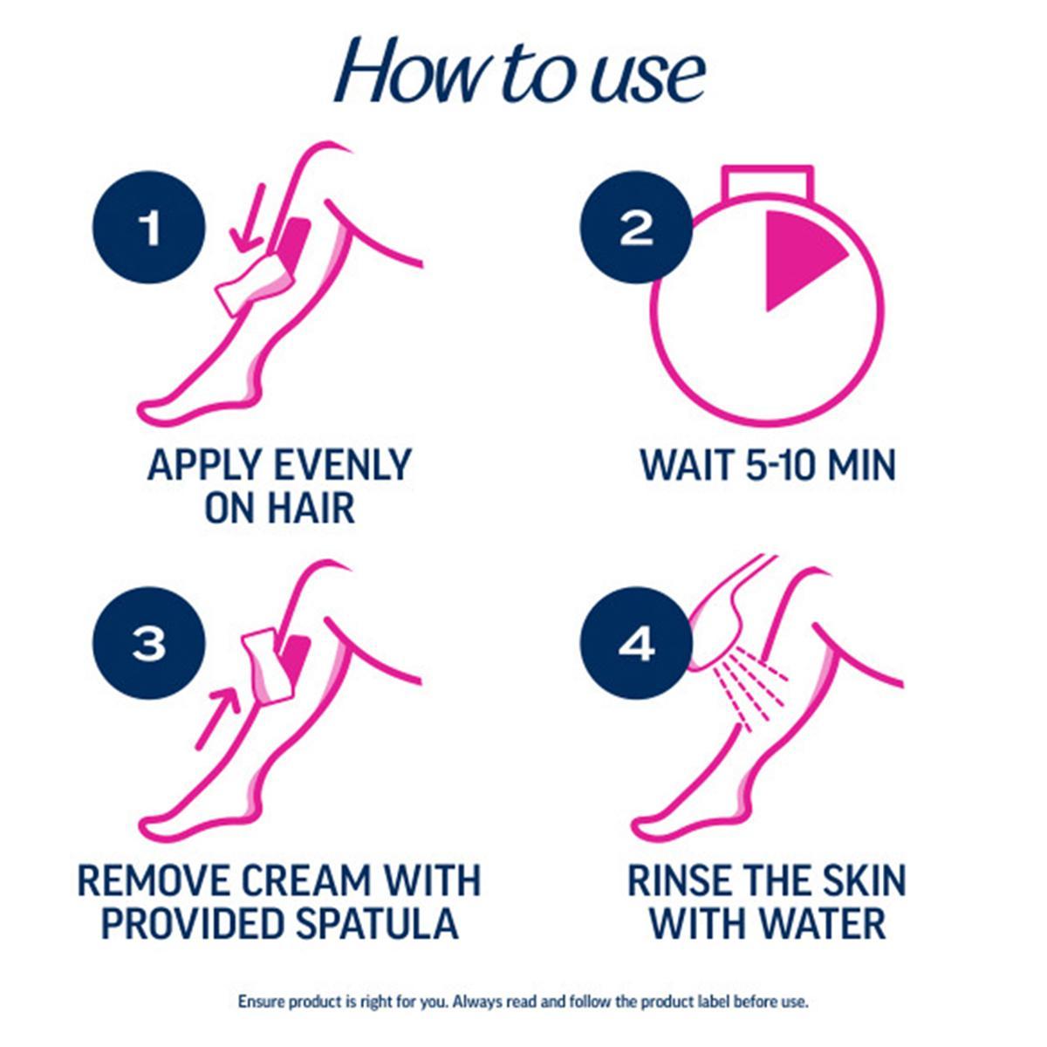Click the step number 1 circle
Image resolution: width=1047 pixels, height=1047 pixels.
[x=149, y=229]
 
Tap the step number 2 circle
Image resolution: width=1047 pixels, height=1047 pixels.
[x=636, y=229]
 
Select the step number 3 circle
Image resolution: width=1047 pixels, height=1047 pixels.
[x=149, y=645]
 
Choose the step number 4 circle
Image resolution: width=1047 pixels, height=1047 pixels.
[x=636, y=645]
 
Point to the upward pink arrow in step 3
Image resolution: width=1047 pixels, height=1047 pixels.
[x=218, y=715]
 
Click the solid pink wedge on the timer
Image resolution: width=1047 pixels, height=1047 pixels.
[x=798, y=258]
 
